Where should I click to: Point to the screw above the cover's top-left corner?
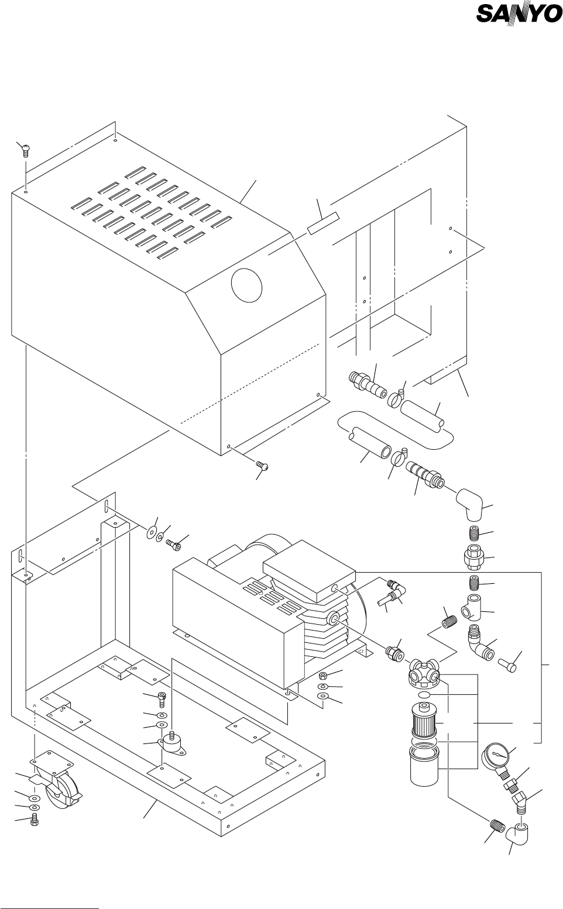point(25,150)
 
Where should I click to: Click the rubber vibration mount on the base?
point(173,745)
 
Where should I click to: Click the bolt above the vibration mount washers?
point(163,697)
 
